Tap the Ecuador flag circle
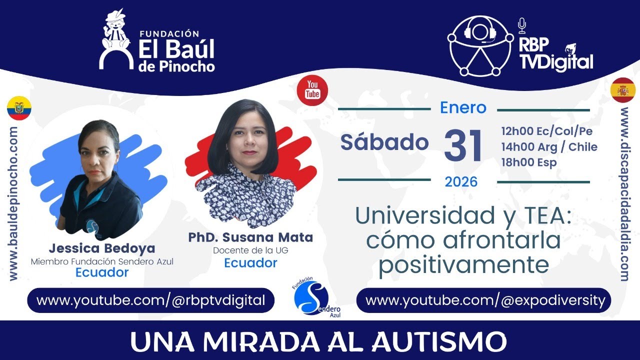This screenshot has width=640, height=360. click(19, 108)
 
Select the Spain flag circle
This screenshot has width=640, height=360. click(623, 90)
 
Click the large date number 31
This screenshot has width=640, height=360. click(463, 145)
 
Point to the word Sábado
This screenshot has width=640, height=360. click(384, 142)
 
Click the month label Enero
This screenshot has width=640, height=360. click(463, 107)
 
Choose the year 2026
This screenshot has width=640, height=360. click(461, 181)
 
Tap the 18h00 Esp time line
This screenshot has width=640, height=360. click(529, 162)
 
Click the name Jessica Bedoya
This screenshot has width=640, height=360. click(102, 248)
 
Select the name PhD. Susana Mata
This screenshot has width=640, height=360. click(250, 237)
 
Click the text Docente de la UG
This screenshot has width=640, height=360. click(250, 250)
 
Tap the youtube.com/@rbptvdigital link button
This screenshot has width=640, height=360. click(150, 300)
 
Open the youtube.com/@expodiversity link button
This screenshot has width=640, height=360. click(483, 300)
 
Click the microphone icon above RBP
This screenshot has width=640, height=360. click(522, 24)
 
